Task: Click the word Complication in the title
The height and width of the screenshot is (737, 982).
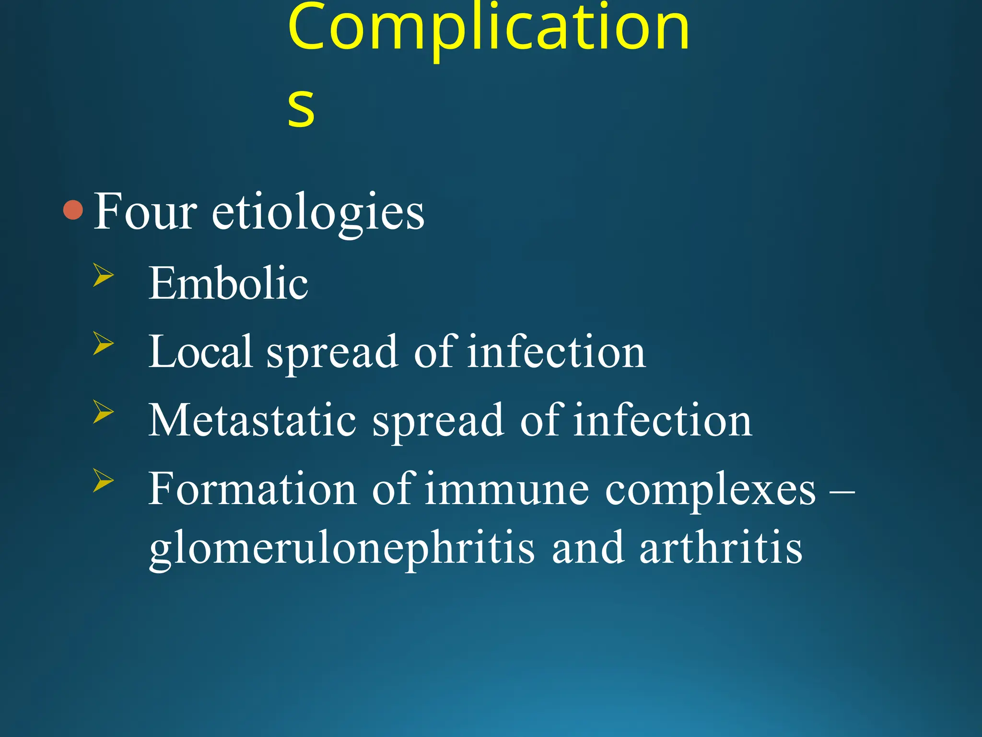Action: [x=488, y=29]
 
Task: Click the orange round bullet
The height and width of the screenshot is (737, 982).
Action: [x=73, y=210]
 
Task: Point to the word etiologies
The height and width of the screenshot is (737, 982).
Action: [x=318, y=213]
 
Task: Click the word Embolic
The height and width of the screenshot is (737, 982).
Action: [x=228, y=284]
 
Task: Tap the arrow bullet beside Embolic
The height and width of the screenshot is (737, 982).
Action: [x=104, y=275]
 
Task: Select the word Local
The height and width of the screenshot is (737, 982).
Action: [x=200, y=352]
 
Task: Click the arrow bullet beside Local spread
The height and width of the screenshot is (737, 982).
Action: [x=104, y=344]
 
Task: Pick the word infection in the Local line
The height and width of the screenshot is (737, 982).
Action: [x=557, y=352]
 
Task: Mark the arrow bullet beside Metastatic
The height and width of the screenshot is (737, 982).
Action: [x=104, y=412]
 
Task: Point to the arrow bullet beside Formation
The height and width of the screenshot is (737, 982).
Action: [x=104, y=481]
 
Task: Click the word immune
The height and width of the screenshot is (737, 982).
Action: [x=506, y=490]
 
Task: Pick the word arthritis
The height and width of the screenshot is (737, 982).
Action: [x=721, y=548]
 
